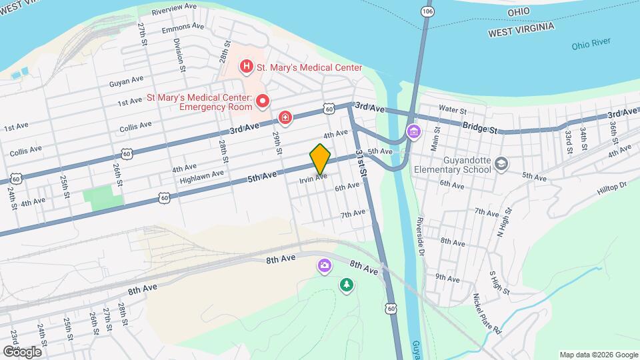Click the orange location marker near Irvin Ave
320,158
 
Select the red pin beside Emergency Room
263,101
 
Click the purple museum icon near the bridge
414,131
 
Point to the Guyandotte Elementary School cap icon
501,163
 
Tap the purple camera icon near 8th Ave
324,266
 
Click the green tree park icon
346,285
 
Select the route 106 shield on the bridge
427,12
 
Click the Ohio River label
591,45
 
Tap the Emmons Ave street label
183,28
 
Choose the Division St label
178,51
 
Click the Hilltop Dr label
612,188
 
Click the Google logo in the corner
22,351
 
